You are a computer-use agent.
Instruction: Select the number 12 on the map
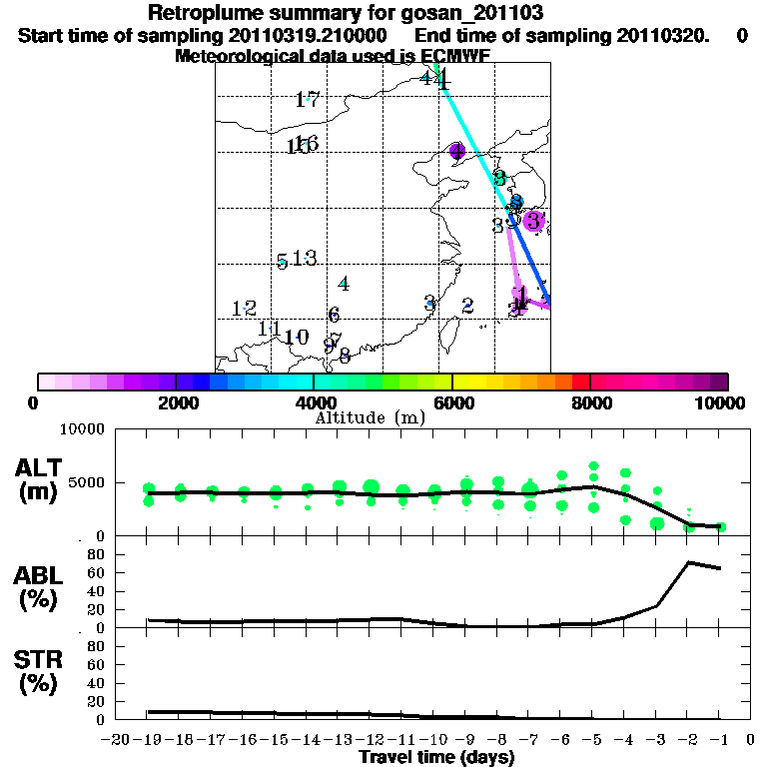click(244, 308)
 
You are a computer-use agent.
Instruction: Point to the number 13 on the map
click(304, 259)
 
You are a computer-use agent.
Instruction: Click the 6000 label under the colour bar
click(452, 402)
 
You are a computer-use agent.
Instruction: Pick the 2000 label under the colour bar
click(176, 402)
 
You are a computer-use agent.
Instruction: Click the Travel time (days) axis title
click(436, 758)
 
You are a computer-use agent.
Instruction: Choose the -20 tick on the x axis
click(117, 740)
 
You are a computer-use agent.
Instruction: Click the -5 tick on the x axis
click(591, 740)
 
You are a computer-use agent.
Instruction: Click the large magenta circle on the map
click(534, 221)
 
